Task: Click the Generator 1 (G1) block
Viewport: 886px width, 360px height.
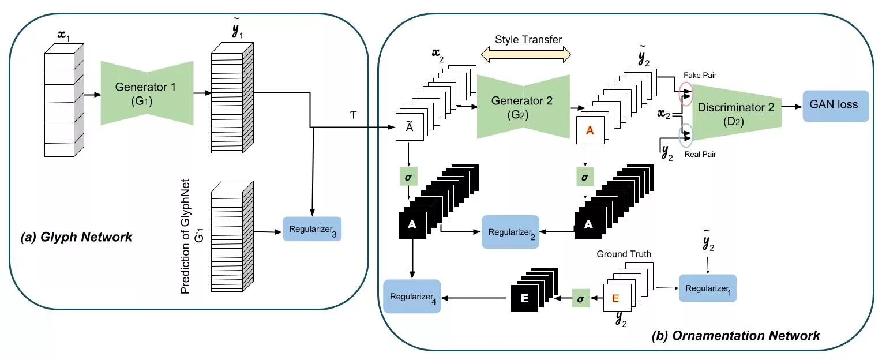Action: click(x=147, y=93)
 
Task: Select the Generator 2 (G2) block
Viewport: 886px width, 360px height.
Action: click(x=523, y=107)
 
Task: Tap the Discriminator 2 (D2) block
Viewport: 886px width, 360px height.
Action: click(x=737, y=112)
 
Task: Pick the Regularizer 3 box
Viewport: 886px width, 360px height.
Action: click(x=312, y=229)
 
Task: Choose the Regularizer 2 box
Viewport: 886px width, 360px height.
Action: click(x=510, y=232)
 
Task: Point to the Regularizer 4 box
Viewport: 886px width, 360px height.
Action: click(x=412, y=297)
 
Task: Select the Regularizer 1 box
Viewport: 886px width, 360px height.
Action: click(x=708, y=288)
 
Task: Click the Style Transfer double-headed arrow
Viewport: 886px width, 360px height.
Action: click(x=525, y=55)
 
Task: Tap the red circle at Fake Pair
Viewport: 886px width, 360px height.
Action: click(x=686, y=94)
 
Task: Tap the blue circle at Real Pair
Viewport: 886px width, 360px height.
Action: click(x=686, y=136)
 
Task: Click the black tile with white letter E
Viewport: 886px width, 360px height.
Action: click(x=524, y=298)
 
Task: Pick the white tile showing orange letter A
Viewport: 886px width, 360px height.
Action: click(x=590, y=130)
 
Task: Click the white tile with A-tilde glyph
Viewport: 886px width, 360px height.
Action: click(x=410, y=127)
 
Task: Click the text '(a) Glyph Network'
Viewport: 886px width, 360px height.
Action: click(x=76, y=237)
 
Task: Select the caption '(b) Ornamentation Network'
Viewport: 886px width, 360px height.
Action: click(x=735, y=336)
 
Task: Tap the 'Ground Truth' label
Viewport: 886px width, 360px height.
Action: click(x=624, y=254)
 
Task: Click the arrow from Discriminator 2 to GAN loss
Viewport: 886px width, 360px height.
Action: click(x=792, y=107)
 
